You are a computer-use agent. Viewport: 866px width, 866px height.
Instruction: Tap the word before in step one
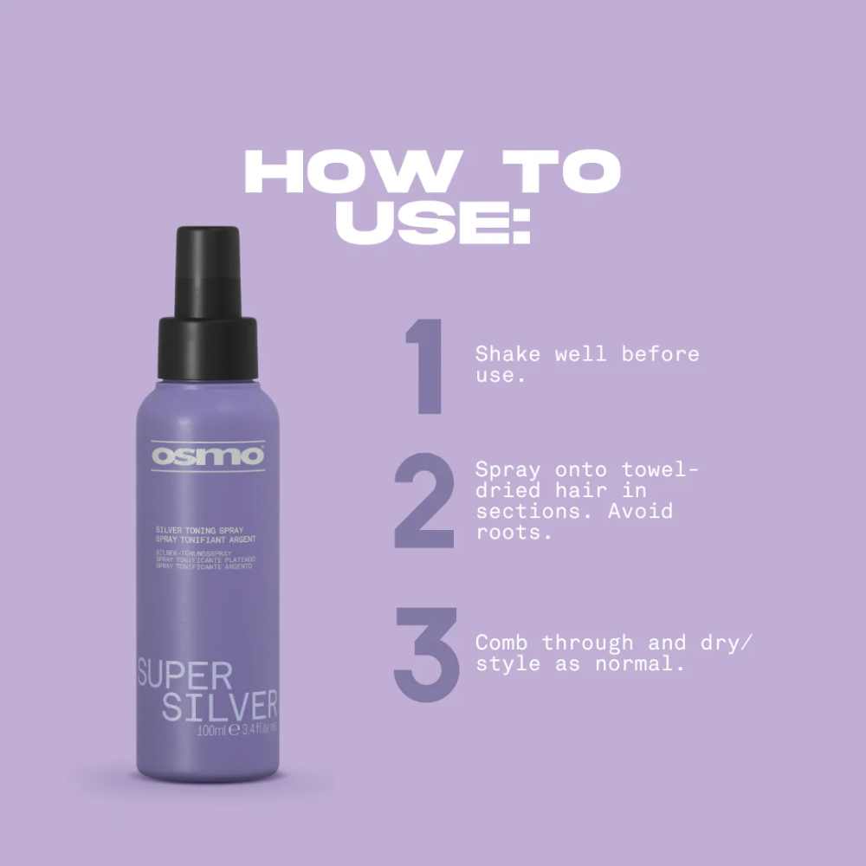point(659,354)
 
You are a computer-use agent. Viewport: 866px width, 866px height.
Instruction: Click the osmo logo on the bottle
point(207,456)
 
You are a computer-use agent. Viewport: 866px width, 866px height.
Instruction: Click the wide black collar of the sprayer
point(207,348)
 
